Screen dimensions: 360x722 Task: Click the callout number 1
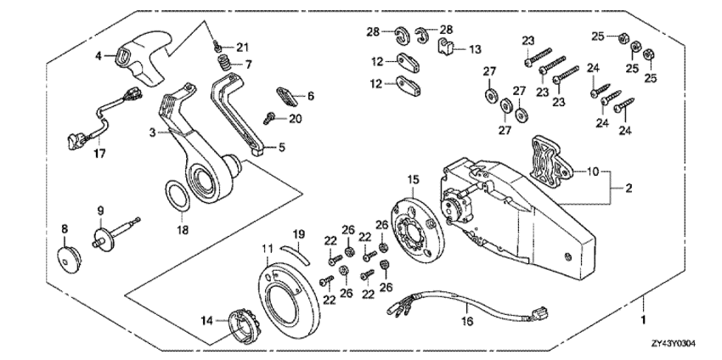coord(643,321)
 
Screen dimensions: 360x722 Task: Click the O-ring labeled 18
coord(179,198)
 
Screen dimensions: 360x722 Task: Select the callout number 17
coord(75,155)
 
